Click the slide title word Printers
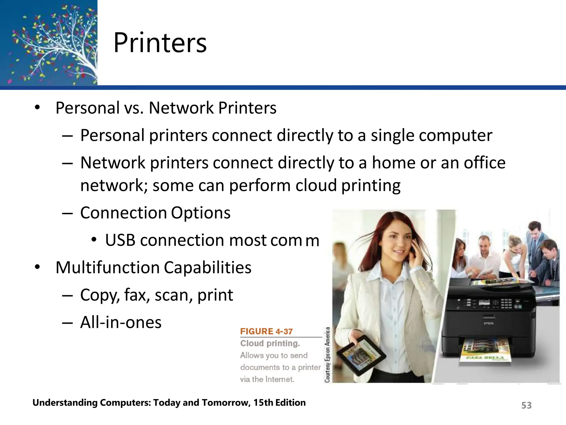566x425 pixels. click(x=160, y=43)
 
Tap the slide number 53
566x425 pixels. click(x=526, y=405)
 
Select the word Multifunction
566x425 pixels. click(x=108, y=268)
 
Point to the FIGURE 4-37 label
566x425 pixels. click(x=266, y=331)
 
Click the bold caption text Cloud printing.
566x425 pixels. click(x=270, y=343)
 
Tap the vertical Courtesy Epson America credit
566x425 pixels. click(x=327, y=355)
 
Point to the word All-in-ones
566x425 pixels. click(x=121, y=322)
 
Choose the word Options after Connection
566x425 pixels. click(x=201, y=213)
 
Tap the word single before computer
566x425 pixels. click(x=392, y=135)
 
